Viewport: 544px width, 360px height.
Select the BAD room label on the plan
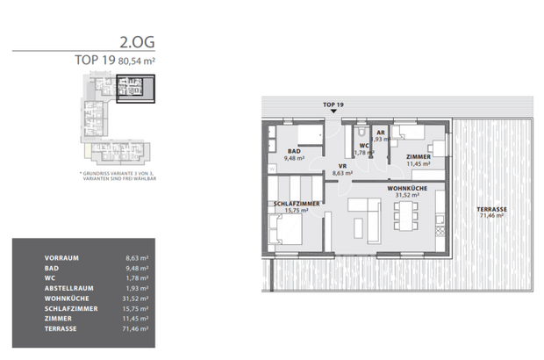pyautogui.click(x=294, y=151)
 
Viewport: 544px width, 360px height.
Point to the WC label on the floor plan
pyautogui.click(x=363, y=146)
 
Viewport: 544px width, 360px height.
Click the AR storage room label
pyautogui.click(x=381, y=132)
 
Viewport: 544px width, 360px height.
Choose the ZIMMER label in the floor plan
pyautogui.click(x=419, y=156)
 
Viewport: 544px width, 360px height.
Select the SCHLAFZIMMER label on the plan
pyautogui.click(x=296, y=204)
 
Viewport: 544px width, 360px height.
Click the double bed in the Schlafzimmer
pyautogui.click(x=290, y=233)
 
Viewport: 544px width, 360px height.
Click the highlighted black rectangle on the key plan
pyautogui.click(x=135, y=90)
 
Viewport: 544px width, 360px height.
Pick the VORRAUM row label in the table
pyautogui.click(x=61, y=258)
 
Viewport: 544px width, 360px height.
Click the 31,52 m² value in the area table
pyautogui.click(x=135, y=298)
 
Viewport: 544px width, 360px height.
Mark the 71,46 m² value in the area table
pyautogui.click(x=135, y=328)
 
